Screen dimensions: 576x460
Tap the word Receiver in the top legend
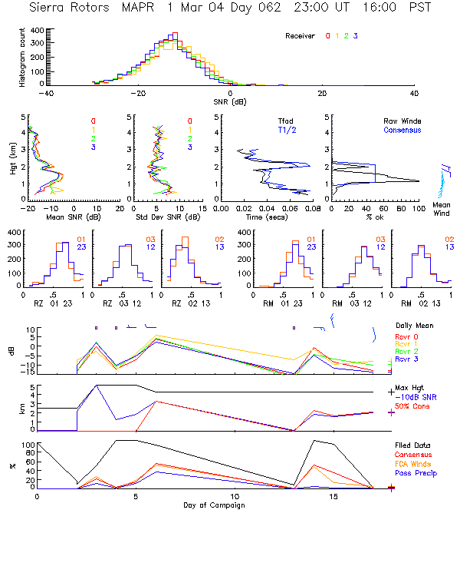(300, 36)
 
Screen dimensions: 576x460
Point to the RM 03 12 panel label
(356, 303)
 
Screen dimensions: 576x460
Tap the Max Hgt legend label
(412, 387)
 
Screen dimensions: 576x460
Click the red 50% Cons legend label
(412, 405)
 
